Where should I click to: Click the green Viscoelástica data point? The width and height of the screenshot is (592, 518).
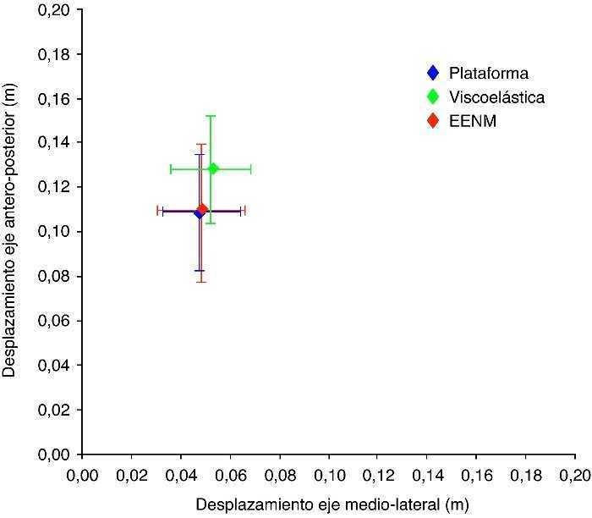213,168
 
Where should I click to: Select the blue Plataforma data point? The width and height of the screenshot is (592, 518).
199,212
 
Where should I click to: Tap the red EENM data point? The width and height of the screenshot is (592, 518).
203,209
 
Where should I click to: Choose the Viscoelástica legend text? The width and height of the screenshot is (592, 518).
497,97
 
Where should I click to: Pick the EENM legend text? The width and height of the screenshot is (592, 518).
473,121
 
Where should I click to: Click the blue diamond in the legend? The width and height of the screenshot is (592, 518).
433,73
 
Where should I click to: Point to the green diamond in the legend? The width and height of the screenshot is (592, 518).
433,97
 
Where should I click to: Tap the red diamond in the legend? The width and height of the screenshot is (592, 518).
433,121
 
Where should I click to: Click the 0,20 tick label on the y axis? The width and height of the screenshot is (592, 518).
55,10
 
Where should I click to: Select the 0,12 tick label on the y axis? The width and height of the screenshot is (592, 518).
55,187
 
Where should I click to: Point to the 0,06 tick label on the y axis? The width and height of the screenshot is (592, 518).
55,321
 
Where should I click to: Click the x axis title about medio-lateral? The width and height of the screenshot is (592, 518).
331,504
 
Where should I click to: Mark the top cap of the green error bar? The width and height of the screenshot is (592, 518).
211,116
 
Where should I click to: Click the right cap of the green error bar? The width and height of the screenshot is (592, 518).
250,169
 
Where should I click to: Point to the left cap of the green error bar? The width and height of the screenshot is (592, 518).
171,169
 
